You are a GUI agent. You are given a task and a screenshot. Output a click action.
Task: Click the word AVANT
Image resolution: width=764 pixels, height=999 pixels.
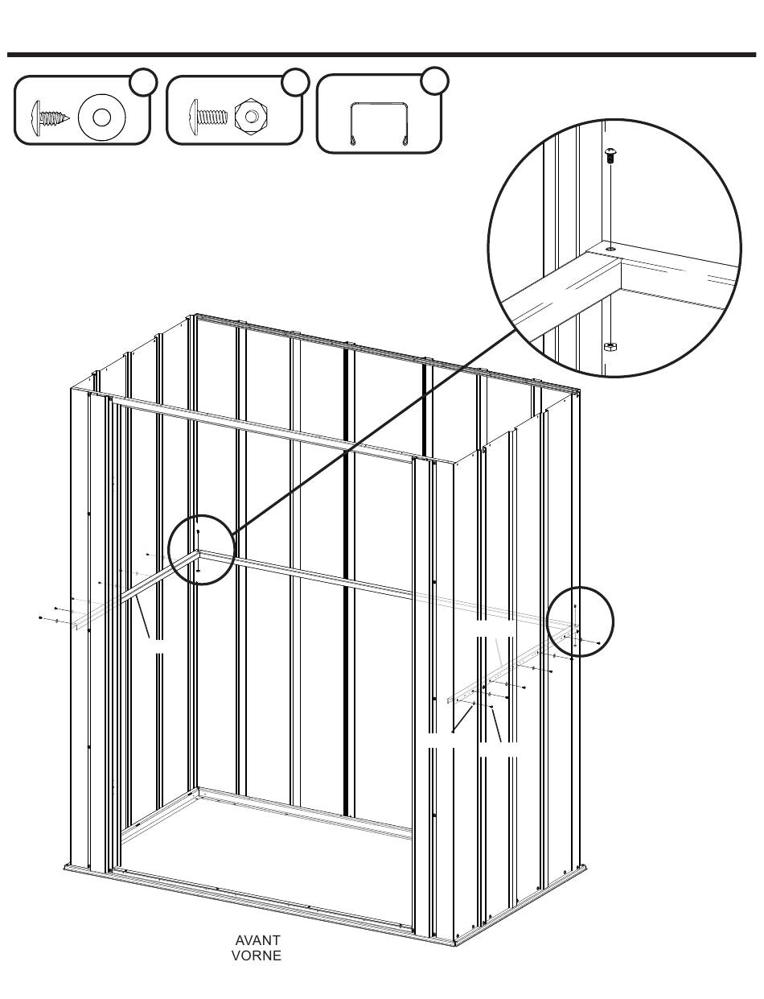pyautogui.click(x=257, y=940)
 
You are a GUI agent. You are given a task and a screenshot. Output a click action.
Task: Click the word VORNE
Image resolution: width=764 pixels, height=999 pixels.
pyautogui.click(x=257, y=956)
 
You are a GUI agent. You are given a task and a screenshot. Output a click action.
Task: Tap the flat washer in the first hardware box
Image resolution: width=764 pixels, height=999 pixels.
pyautogui.click(x=101, y=118)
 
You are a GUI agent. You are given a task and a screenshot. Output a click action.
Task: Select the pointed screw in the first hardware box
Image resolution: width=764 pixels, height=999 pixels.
pyautogui.click(x=51, y=118)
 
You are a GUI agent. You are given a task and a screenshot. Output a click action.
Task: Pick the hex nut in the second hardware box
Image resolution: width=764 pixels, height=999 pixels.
pyautogui.click(x=251, y=116)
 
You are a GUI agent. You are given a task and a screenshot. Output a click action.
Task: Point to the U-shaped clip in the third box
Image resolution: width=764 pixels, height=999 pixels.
pyautogui.click(x=379, y=124)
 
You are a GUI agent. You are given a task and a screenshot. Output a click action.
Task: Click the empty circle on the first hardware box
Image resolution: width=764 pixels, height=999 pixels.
pyautogui.click(x=143, y=82)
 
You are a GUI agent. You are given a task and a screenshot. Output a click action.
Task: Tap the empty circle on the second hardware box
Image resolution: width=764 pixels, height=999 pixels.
pyautogui.click(x=295, y=82)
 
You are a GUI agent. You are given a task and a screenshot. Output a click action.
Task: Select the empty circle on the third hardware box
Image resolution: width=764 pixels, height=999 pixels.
pyautogui.click(x=434, y=81)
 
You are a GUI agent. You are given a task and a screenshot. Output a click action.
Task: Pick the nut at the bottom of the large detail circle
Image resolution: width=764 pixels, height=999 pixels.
pyautogui.click(x=610, y=346)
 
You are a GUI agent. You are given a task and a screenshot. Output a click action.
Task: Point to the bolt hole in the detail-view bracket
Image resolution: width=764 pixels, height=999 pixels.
pyautogui.click(x=610, y=249)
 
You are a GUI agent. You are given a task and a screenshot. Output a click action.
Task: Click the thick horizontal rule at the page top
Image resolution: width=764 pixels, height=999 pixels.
pyautogui.click(x=381, y=55)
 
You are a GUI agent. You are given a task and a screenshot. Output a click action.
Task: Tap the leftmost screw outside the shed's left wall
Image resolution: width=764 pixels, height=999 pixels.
pyautogui.click(x=41, y=617)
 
